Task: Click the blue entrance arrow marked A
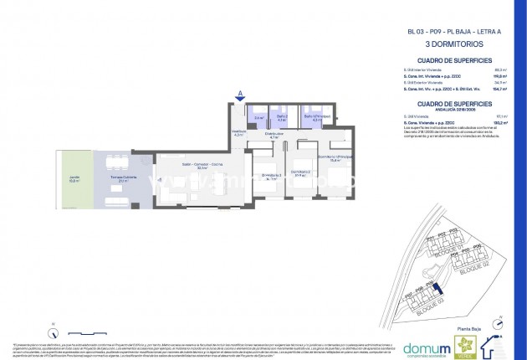click(x=241, y=94)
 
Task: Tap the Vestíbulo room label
click(x=238, y=132)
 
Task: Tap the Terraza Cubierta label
click(x=110, y=178)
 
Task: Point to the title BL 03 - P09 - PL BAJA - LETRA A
click(x=453, y=31)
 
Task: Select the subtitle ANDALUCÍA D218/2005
click(x=453, y=110)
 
